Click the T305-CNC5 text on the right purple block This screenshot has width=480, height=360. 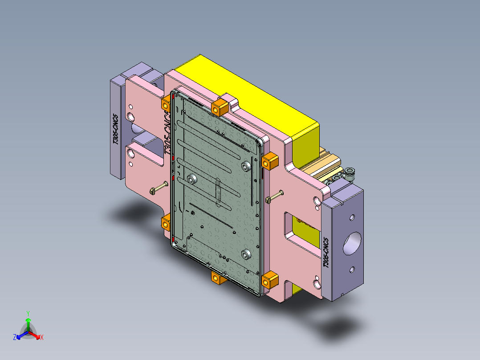tap(326, 252)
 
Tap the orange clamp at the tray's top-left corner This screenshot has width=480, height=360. tap(165, 104)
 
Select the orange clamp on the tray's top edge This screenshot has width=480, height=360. tap(220, 107)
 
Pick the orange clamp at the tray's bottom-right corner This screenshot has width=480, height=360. tap(270, 281)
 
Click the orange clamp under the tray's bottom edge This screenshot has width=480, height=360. tap(217, 278)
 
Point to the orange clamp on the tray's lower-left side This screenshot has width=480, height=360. tap(167, 221)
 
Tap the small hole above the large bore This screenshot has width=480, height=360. tap(352, 218)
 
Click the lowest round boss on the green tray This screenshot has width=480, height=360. tap(245, 254)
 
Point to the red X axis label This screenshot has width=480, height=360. tap(42, 338)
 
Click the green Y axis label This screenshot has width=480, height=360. tap(28, 313)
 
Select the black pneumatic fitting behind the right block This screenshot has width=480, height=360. tap(350, 172)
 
